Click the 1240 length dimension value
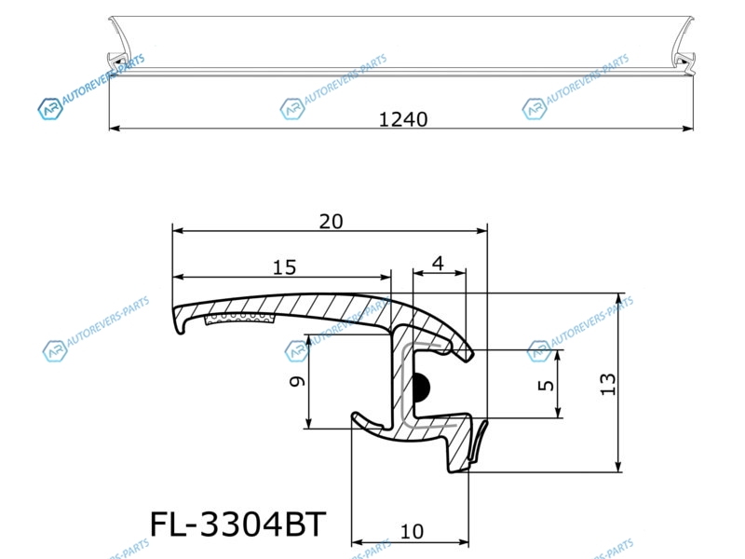click(x=403, y=119)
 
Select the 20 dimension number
click(x=331, y=222)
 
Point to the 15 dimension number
click(x=284, y=267)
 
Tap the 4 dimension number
click(x=438, y=263)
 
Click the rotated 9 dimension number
click(x=298, y=381)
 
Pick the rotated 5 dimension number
click(x=546, y=385)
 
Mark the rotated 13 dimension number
click(x=608, y=384)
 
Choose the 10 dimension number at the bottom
click(x=412, y=532)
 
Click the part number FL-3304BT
click(x=238, y=525)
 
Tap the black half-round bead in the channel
click(x=422, y=386)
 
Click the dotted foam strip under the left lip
click(x=240, y=319)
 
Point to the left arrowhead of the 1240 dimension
click(x=115, y=128)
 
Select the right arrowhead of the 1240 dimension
click(x=687, y=128)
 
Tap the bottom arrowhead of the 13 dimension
click(x=618, y=467)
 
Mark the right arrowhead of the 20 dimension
click(x=481, y=231)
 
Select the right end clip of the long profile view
click(x=685, y=61)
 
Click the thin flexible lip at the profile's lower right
click(x=478, y=441)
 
